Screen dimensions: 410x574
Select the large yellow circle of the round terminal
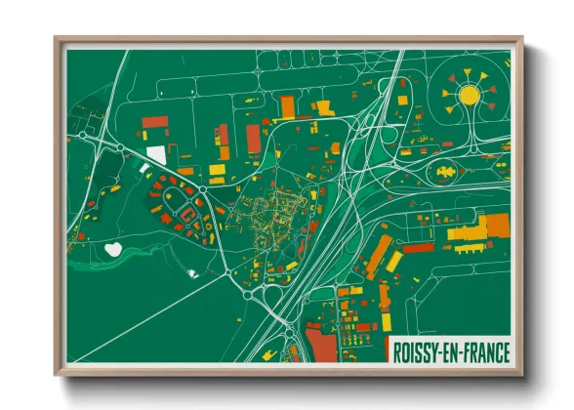pyautogui.click(x=470, y=95)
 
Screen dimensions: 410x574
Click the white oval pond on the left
pyautogui.click(x=114, y=250)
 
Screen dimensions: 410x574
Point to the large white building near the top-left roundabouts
pyautogui.click(x=156, y=154)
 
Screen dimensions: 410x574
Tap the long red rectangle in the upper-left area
pyautogui.click(x=155, y=123)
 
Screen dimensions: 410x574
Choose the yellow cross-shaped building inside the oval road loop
pyautogui.click(x=447, y=172)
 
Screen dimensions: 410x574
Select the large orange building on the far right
pyautogui.click(x=497, y=225)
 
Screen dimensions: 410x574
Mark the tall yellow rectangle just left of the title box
pyautogui.click(x=386, y=322)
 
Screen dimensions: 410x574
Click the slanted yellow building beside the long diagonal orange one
pyautogui.click(x=394, y=262)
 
